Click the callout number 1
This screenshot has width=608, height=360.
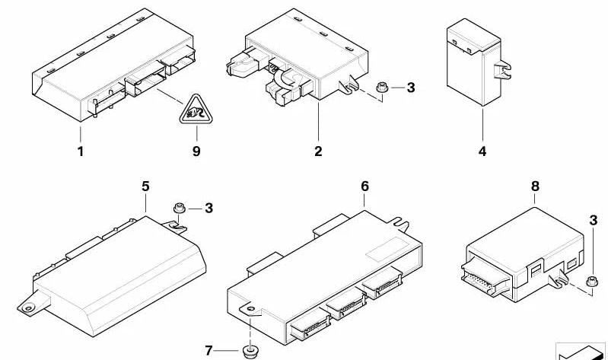click(80, 151)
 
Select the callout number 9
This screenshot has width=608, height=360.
click(196, 151)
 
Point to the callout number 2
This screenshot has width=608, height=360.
click(318, 151)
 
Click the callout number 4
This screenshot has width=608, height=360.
click(482, 151)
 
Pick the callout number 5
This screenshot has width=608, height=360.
click(145, 185)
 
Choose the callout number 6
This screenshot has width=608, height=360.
click(364, 185)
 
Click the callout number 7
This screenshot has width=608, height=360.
click(210, 351)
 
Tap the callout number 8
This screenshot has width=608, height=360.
click(535, 185)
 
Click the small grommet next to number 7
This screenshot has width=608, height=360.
click(248, 351)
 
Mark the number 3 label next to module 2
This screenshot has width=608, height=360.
click(411, 88)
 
